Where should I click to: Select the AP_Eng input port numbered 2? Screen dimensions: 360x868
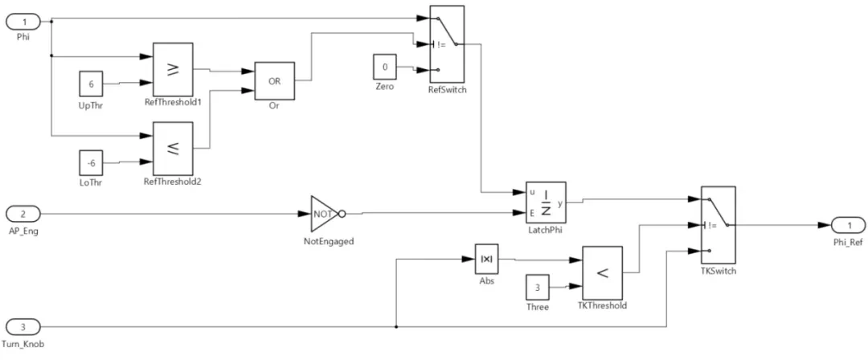coord(23,214)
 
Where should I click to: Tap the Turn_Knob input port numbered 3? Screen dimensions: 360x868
coord(23,328)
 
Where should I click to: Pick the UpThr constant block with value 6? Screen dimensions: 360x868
coord(90,83)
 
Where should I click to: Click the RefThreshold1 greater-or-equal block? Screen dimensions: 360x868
coord(173,68)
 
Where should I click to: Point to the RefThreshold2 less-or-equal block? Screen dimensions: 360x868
coord(173,148)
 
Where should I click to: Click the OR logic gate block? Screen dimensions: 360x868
coord(274,80)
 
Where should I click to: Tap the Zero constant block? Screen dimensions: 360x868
coord(384,67)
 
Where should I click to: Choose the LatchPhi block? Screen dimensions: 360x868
coord(546,202)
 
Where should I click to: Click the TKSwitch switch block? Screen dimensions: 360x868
coord(719,226)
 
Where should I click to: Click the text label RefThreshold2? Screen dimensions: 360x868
coord(173,182)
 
